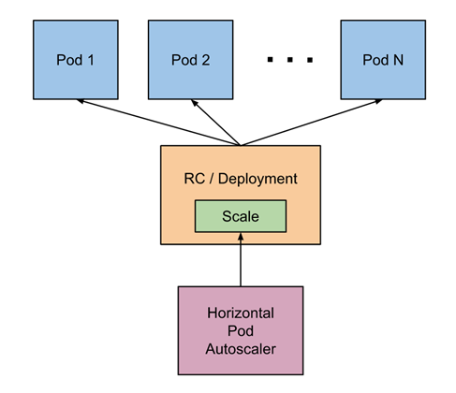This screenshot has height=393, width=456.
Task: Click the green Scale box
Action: [x=240, y=216]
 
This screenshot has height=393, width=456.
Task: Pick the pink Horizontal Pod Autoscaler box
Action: [x=241, y=329]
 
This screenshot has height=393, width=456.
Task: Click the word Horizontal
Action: [x=241, y=311]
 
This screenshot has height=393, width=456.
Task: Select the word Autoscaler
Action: [x=241, y=348]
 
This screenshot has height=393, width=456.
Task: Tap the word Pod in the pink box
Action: [x=241, y=329]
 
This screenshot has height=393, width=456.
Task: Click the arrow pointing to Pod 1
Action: [x=159, y=124]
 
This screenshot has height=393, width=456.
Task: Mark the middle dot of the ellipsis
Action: [x=288, y=61]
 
